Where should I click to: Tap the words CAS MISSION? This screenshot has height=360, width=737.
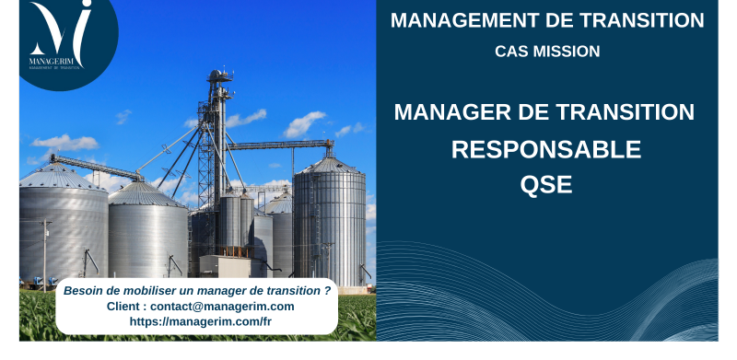click(547, 52)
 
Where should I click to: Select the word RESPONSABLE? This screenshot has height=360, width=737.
click(546, 149)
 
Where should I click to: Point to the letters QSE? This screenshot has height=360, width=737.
click(546, 184)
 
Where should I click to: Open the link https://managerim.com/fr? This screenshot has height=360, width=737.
click(200, 321)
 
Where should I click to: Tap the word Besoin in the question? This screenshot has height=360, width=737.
click(83, 290)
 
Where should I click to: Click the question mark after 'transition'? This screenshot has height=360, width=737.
click(327, 290)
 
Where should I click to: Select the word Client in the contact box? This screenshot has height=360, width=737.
click(126, 306)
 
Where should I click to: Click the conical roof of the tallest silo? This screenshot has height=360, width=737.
click(329, 165)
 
